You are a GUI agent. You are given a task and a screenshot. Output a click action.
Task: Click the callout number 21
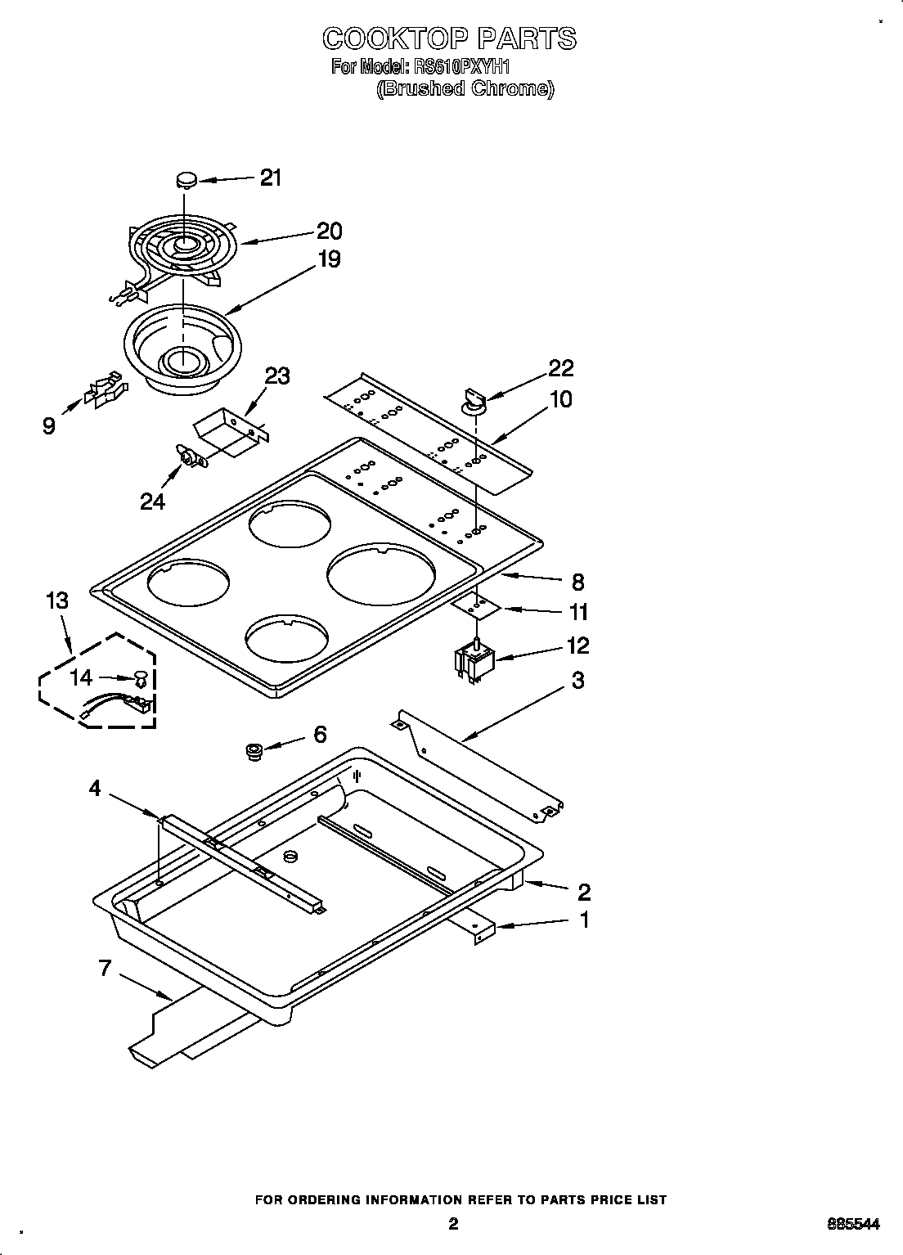tap(271, 178)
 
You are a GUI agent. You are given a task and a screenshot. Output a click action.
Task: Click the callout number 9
tap(50, 425)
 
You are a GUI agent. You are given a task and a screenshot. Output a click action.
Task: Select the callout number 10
tap(561, 399)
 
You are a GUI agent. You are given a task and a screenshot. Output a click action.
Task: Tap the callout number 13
tap(56, 601)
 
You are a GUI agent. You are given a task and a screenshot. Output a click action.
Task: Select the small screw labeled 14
tap(141, 678)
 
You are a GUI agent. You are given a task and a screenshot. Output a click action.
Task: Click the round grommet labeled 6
tap(254, 750)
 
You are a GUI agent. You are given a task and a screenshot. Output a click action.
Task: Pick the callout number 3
tap(577, 680)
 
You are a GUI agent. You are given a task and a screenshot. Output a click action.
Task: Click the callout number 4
tap(95, 789)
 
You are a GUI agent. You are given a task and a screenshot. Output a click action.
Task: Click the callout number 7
tap(105, 969)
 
